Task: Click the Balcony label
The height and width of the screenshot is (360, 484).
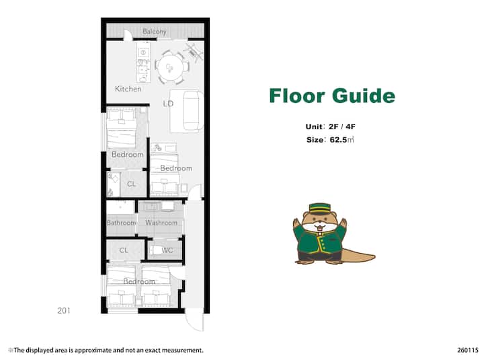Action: click(155, 31)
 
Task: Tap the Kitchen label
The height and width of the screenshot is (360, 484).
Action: click(128, 89)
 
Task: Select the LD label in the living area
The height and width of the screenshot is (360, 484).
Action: click(168, 104)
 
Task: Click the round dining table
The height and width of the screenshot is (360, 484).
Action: click(170, 68)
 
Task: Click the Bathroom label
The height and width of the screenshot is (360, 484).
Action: click(121, 223)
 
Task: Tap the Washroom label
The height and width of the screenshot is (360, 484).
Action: click(161, 223)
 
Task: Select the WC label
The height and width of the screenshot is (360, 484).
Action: click(167, 250)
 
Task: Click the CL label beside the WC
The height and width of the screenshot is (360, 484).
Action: click(124, 250)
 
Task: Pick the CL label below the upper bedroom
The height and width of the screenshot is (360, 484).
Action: click(132, 184)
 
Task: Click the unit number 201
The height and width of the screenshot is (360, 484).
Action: click(64, 311)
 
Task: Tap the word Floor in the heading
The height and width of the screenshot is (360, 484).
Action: click(296, 96)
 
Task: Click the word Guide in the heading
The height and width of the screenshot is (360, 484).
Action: click(364, 96)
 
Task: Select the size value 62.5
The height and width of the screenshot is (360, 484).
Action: click(338, 140)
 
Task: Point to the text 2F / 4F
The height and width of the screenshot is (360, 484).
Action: click(342, 127)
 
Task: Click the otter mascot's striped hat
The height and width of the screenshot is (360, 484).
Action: click(320, 209)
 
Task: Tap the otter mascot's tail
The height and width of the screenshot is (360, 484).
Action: click(358, 257)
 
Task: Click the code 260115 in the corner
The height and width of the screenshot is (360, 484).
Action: click(468, 350)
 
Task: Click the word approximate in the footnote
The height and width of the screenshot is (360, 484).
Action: click(93, 351)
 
